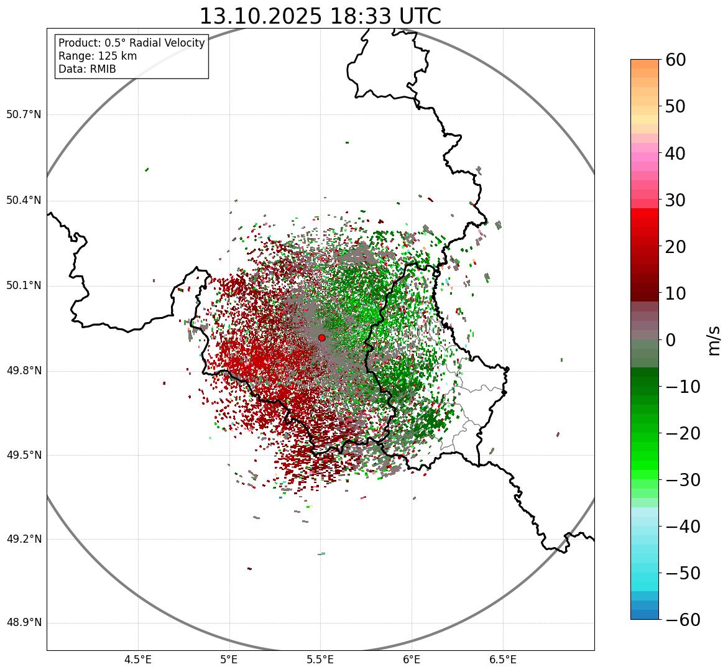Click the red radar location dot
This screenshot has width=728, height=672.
(x=321, y=338)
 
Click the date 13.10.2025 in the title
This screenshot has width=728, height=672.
(x=260, y=16)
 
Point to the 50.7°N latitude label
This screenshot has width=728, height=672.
(x=24, y=114)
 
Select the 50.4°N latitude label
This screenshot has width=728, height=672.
(x=24, y=200)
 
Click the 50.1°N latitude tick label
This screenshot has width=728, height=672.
(x=24, y=286)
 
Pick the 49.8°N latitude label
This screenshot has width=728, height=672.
(x=24, y=371)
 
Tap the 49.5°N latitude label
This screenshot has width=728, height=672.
(x=24, y=455)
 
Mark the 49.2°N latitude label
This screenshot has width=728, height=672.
(x=24, y=539)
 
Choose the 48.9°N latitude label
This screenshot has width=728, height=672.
(x=24, y=623)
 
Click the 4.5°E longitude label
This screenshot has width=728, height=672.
(x=138, y=659)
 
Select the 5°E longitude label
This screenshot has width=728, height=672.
(x=229, y=659)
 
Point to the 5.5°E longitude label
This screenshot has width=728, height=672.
(x=320, y=659)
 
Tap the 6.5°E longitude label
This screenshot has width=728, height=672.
(x=502, y=659)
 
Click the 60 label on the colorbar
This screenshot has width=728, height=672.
(x=676, y=60)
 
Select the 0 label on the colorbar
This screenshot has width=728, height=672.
(x=671, y=340)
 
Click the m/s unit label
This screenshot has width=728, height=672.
(x=714, y=340)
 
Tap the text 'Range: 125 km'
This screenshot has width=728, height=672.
(x=98, y=56)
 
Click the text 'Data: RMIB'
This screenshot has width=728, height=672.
(x=87, y=69)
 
